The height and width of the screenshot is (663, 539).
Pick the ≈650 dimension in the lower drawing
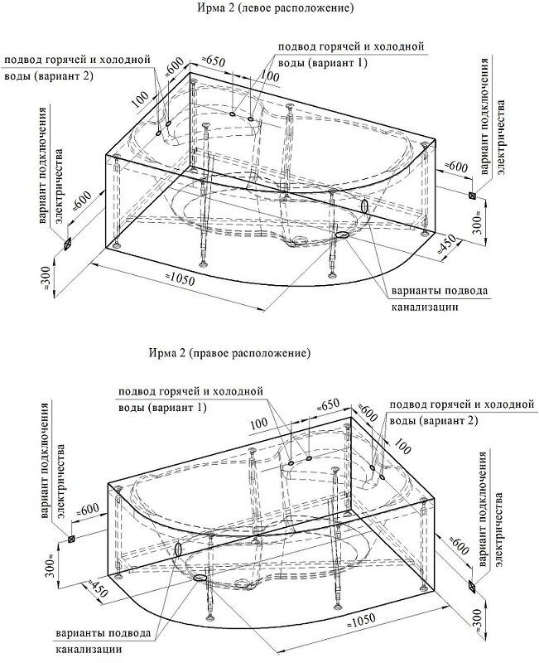tap(330, 404)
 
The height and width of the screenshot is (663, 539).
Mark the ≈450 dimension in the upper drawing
tap(448, 243)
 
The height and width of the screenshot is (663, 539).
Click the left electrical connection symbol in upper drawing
tap(68, 244)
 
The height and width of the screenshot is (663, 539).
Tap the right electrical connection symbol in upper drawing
tap(471, 196)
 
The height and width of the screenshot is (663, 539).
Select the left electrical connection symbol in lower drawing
tap(72, 539)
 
